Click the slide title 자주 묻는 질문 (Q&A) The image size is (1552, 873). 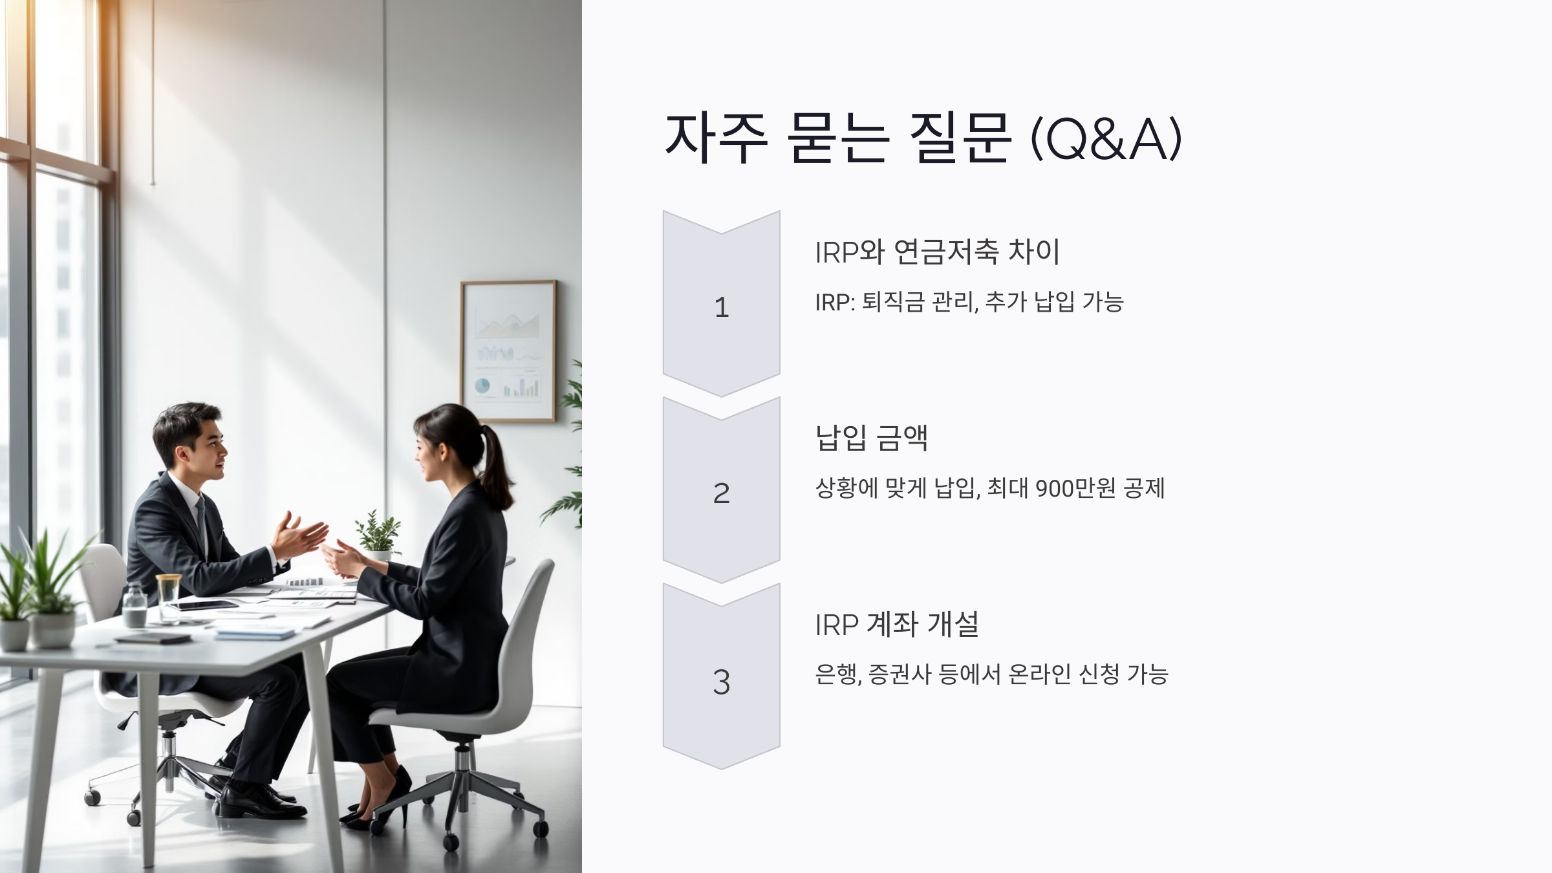point(923,138)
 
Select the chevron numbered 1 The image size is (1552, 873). point(721,304)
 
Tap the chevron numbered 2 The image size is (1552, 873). point(721,491)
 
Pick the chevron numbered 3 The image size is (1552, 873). point(721,679)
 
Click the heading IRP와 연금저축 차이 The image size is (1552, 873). point(937,252)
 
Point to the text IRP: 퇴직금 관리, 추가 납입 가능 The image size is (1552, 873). point(969,302)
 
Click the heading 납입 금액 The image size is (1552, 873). point(871,438)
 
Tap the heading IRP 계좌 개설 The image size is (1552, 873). point(896,625)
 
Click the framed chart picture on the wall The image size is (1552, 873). point(508,350)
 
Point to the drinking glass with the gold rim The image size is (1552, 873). point(169,596)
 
